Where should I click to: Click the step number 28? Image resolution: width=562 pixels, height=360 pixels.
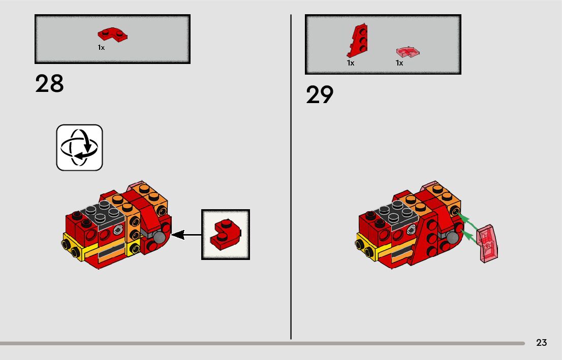click(x=49, y=84)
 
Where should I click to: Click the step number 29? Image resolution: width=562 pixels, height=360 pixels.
click(x=320, y=95)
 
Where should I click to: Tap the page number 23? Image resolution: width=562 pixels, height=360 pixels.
click(x=541, y=343)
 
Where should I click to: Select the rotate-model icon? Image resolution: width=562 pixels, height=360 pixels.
click(x=79, y=147)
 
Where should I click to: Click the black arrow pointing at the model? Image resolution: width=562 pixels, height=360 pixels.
click(x=186, y=235)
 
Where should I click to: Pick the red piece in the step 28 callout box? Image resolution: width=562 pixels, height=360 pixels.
click(x=226, y=234)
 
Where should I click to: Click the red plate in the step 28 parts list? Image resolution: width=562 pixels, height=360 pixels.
click(x=112, y=35)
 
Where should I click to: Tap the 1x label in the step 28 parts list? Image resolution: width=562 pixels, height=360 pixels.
click(x=101, y=47)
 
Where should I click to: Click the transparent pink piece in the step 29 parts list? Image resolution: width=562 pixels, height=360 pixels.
click(x=408, y=52)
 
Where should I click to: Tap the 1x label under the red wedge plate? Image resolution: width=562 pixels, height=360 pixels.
click(x=350, y=63)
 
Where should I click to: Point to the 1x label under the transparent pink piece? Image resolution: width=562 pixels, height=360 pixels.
click(x=399, y=63)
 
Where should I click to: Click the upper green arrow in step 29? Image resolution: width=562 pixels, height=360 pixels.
click(x=469, y=223)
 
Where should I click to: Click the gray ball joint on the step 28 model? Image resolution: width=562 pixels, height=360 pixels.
click(x=161, y=238)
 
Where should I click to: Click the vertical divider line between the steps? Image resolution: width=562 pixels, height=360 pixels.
click(x=291, y=178)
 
